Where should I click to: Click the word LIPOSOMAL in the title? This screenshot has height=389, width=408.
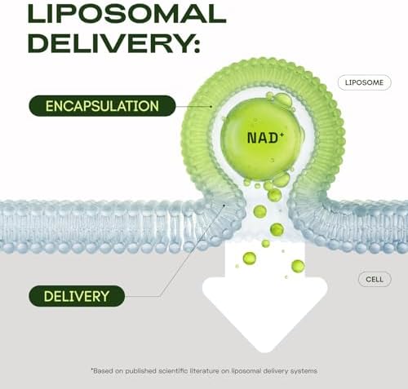[x=127, y=14]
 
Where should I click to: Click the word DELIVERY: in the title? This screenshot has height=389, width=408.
[x=114, y=43]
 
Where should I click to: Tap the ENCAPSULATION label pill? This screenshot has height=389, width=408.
[x=102, y=106]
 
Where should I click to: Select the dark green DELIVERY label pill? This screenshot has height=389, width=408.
[x=77, y=296]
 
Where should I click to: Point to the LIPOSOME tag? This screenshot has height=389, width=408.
[x=364, y=82]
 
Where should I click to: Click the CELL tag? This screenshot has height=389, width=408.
[x=375, y=279]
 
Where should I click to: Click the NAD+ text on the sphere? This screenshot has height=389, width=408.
[x=265, y=138]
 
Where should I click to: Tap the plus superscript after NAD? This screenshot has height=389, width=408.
[x=282, y=134]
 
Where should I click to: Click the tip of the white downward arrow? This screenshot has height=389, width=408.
[x=264, y=352]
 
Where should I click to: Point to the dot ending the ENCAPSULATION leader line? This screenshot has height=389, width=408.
[x=211, y=107]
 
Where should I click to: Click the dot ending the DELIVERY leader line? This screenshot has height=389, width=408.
[x=224, y=206]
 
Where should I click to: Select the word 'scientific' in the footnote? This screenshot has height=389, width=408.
[x=173, y=371]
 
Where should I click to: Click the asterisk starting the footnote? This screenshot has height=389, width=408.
[x=92, y=369]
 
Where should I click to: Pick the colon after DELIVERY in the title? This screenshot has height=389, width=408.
[x=197, y=46]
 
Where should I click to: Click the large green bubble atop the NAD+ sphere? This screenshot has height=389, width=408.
[x=282, y=99]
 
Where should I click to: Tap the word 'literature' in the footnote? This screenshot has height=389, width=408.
[x=204, y=371]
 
